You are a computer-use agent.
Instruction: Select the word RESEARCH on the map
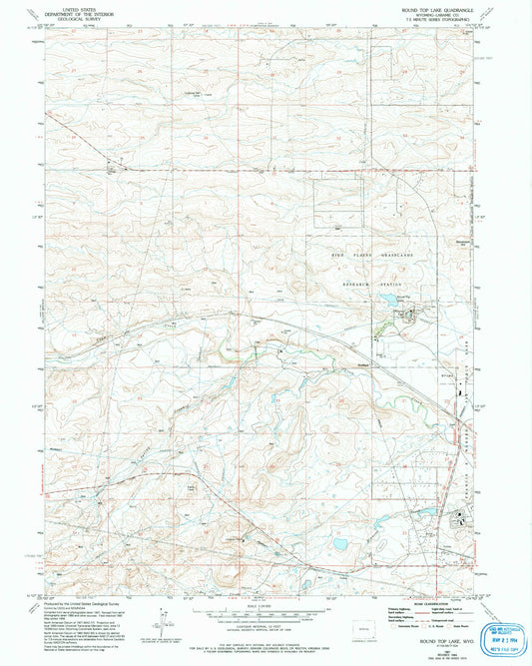coord(349,284)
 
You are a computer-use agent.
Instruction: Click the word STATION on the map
coord(389,284)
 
